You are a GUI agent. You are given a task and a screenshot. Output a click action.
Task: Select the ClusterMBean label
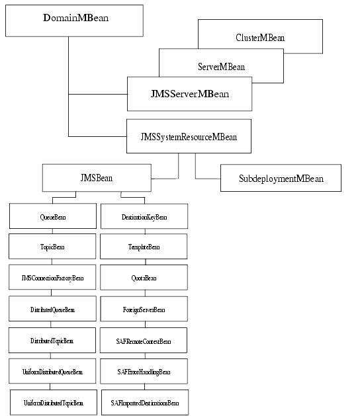click(x=260, y=38)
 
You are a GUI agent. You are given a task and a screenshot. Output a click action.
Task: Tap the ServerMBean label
click(x=222, y=67)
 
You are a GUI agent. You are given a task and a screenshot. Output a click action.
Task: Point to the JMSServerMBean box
click(x=189, y=94)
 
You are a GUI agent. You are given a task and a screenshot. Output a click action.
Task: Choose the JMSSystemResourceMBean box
click(x=189, y=136)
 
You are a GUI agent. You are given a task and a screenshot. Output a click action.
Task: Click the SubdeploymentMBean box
click(x=281, y=179)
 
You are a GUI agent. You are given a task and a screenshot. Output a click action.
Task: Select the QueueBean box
click(x=52, y=216)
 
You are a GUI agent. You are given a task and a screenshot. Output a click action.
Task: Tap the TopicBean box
click(x=52, y=247)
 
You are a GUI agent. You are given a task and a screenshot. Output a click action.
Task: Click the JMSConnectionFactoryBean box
click(x=52, y=278)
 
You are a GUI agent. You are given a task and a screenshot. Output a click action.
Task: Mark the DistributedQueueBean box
click(x=52, y=309)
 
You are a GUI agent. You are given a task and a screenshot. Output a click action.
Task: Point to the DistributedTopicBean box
click(x=52, y=340)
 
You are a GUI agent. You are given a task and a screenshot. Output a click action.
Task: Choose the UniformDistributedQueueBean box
click(x=52, y=372)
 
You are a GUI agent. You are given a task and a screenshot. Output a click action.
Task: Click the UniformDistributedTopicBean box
click(x=53, y=402)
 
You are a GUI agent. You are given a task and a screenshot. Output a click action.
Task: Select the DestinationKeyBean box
click(x=144, y=216)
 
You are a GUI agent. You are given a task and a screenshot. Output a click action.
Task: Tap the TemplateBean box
click(x=144, y=247)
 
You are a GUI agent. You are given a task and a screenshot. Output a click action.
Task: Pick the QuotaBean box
click(x=144, y=278)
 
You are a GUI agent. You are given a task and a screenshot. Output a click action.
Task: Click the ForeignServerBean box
click(x=144, y=309)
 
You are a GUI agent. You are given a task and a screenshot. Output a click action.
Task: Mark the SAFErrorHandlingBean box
click(x=144, y=372)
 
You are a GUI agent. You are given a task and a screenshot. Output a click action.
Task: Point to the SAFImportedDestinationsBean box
click(x=144, y=402)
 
